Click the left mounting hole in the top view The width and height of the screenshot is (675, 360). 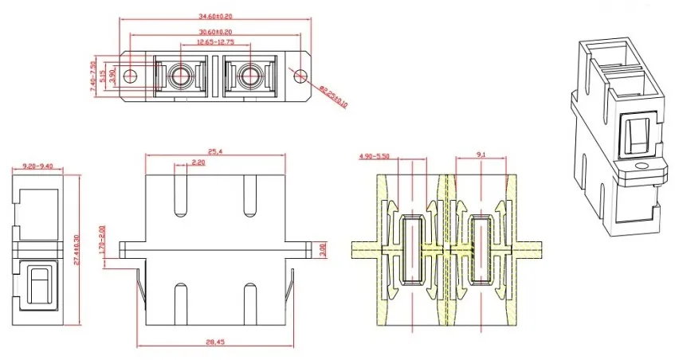[x=133, y=77]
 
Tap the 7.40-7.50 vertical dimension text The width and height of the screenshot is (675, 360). [x=93, y=77]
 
